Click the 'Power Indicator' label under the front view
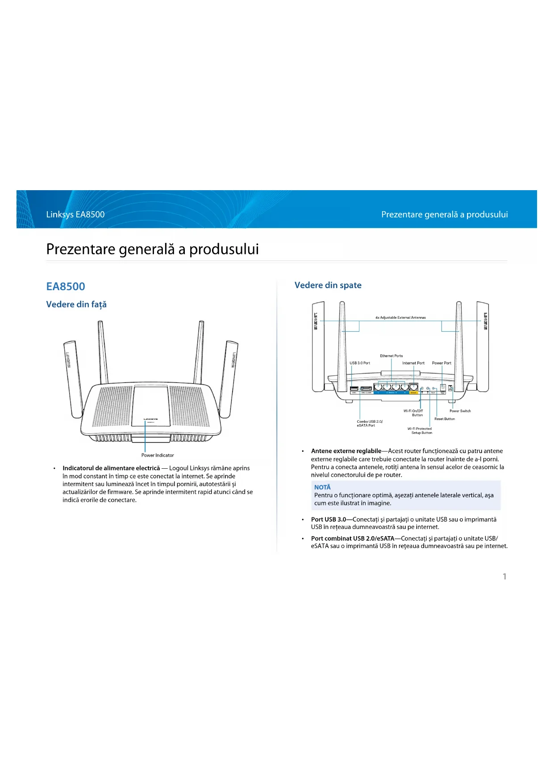(158, 455)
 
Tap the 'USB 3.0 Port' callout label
(360, 363)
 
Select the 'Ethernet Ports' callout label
(392, 356)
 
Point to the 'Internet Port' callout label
(413, 363)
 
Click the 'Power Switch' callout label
(460, 411)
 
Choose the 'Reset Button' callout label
(445, 419)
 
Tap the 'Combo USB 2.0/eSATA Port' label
(369, 423)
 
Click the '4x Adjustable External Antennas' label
(400, 317)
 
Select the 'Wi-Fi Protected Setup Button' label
(420, 430)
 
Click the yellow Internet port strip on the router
(413, 393)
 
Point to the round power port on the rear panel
(443, 387)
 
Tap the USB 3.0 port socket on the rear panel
(354, 388)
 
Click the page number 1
(504, 576)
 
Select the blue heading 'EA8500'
(66, 287)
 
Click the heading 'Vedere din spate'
(328, 285)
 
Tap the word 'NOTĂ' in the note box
(322, 487)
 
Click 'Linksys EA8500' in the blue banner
(75, 214)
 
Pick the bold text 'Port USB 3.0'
(329, 519)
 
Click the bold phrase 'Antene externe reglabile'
(346, 451)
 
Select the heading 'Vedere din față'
(76, 304)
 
